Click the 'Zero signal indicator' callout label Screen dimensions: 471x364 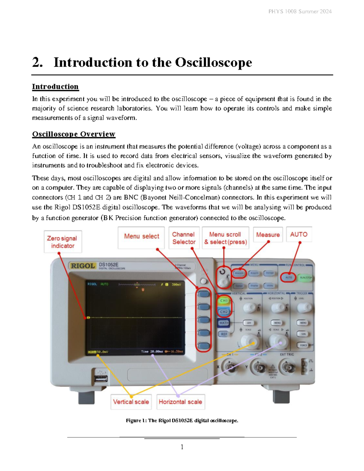62,242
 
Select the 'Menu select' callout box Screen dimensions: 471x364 141,236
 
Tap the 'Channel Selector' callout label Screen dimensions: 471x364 184,238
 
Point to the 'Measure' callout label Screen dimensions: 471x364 268,235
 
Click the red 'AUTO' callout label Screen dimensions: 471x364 299,234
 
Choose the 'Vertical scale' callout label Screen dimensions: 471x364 131,402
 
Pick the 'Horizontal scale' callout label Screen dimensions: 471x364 180,402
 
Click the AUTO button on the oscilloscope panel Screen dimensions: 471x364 288,277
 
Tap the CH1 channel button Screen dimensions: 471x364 224,301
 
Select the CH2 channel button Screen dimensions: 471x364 224,311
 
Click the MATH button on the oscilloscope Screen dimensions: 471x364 224,323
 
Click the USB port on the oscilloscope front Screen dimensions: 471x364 101,378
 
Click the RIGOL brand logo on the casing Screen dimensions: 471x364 83,266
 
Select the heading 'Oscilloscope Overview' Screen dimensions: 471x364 74,134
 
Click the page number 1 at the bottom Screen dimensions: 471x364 182,447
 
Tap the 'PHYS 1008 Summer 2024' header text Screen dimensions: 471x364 300,12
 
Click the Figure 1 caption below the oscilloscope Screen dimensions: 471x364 182,421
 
